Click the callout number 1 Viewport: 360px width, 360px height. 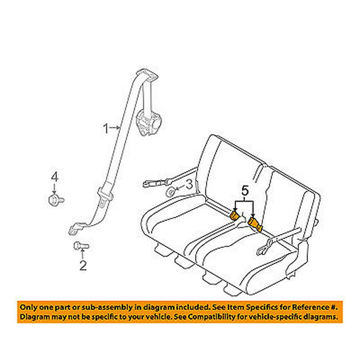pos(106,128)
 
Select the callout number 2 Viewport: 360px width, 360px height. pos(83,266)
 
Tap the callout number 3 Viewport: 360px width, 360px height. pos(189,185)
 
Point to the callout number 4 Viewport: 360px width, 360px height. pos(54,177)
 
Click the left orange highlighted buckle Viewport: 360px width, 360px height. pos(234,216)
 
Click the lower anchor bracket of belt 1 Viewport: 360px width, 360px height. pos(77,228)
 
